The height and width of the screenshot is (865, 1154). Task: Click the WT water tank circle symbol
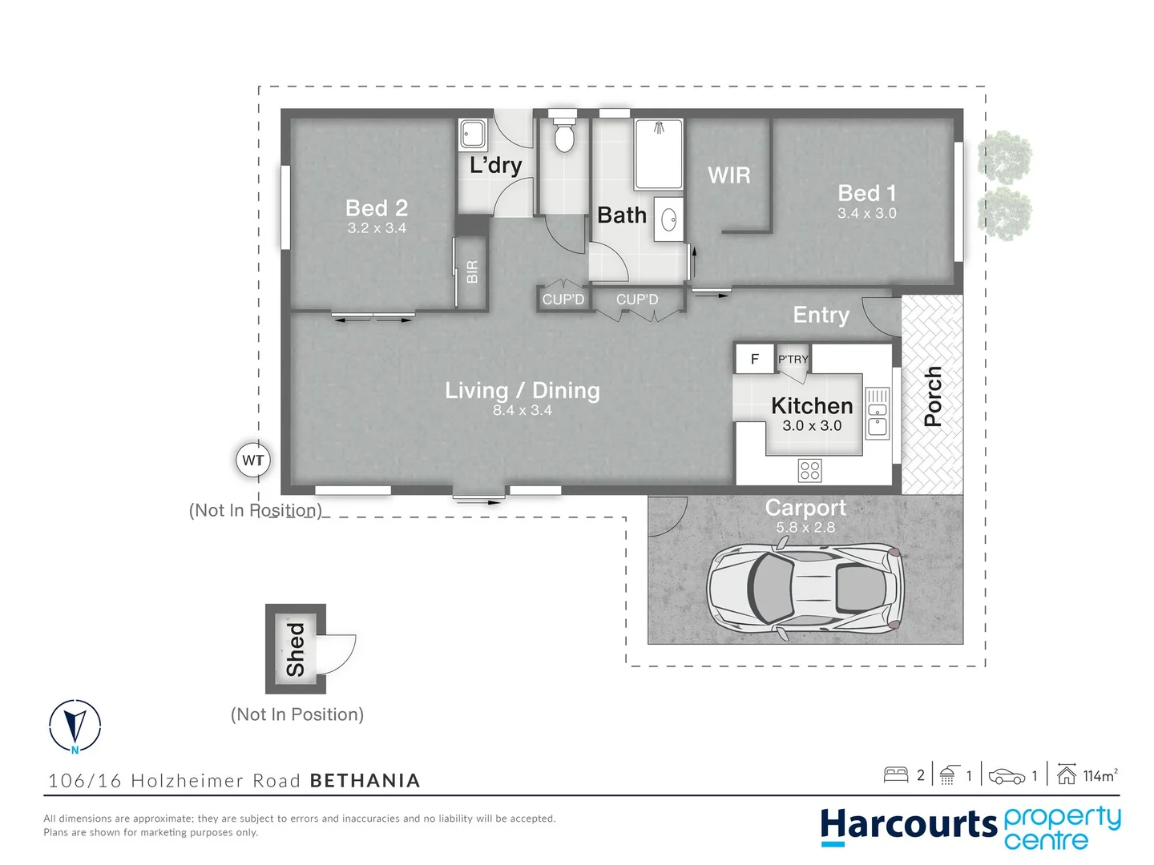(252, 461)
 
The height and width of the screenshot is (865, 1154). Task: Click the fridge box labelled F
(754, 360)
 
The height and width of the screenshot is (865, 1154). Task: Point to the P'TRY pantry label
(793, 360)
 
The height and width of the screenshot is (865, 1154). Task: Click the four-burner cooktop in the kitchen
(810, 470)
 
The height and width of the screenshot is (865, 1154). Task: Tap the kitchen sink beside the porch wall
(878, 413)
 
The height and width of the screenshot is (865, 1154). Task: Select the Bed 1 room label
(866, 193)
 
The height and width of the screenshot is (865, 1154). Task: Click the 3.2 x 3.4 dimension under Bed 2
(377, 228)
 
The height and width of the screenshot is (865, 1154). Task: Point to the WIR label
(729, 175)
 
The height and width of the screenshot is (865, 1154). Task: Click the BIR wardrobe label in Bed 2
(472, 272)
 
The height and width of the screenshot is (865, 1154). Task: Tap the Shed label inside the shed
(296, 650)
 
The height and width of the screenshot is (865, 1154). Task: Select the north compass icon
(75, 726)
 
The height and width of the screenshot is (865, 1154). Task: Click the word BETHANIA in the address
(365, 781)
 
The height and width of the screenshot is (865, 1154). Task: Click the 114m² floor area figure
(1099, 775)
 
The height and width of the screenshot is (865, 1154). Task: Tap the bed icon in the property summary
(895, 774)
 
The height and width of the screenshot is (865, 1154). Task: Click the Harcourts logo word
(908, 826)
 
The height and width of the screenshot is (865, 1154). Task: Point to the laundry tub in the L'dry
(472, 135)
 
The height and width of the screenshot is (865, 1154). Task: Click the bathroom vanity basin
(669, 219)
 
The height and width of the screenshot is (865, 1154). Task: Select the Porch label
(932, 396)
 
